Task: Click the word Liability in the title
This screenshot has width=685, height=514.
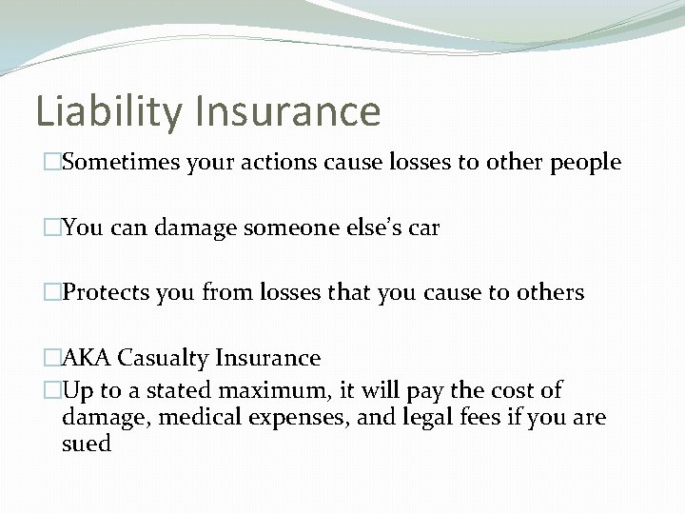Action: coord(109,111)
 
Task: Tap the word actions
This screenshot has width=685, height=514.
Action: coord(283,163)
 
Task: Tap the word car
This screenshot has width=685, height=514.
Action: coord(424,228)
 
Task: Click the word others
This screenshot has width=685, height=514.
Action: coord(550,293)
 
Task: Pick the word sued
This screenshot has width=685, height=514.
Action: coord(87,445)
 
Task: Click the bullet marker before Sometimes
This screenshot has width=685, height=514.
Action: coord(52,164)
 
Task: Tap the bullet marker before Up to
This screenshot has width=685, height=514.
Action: coord(52,391)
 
